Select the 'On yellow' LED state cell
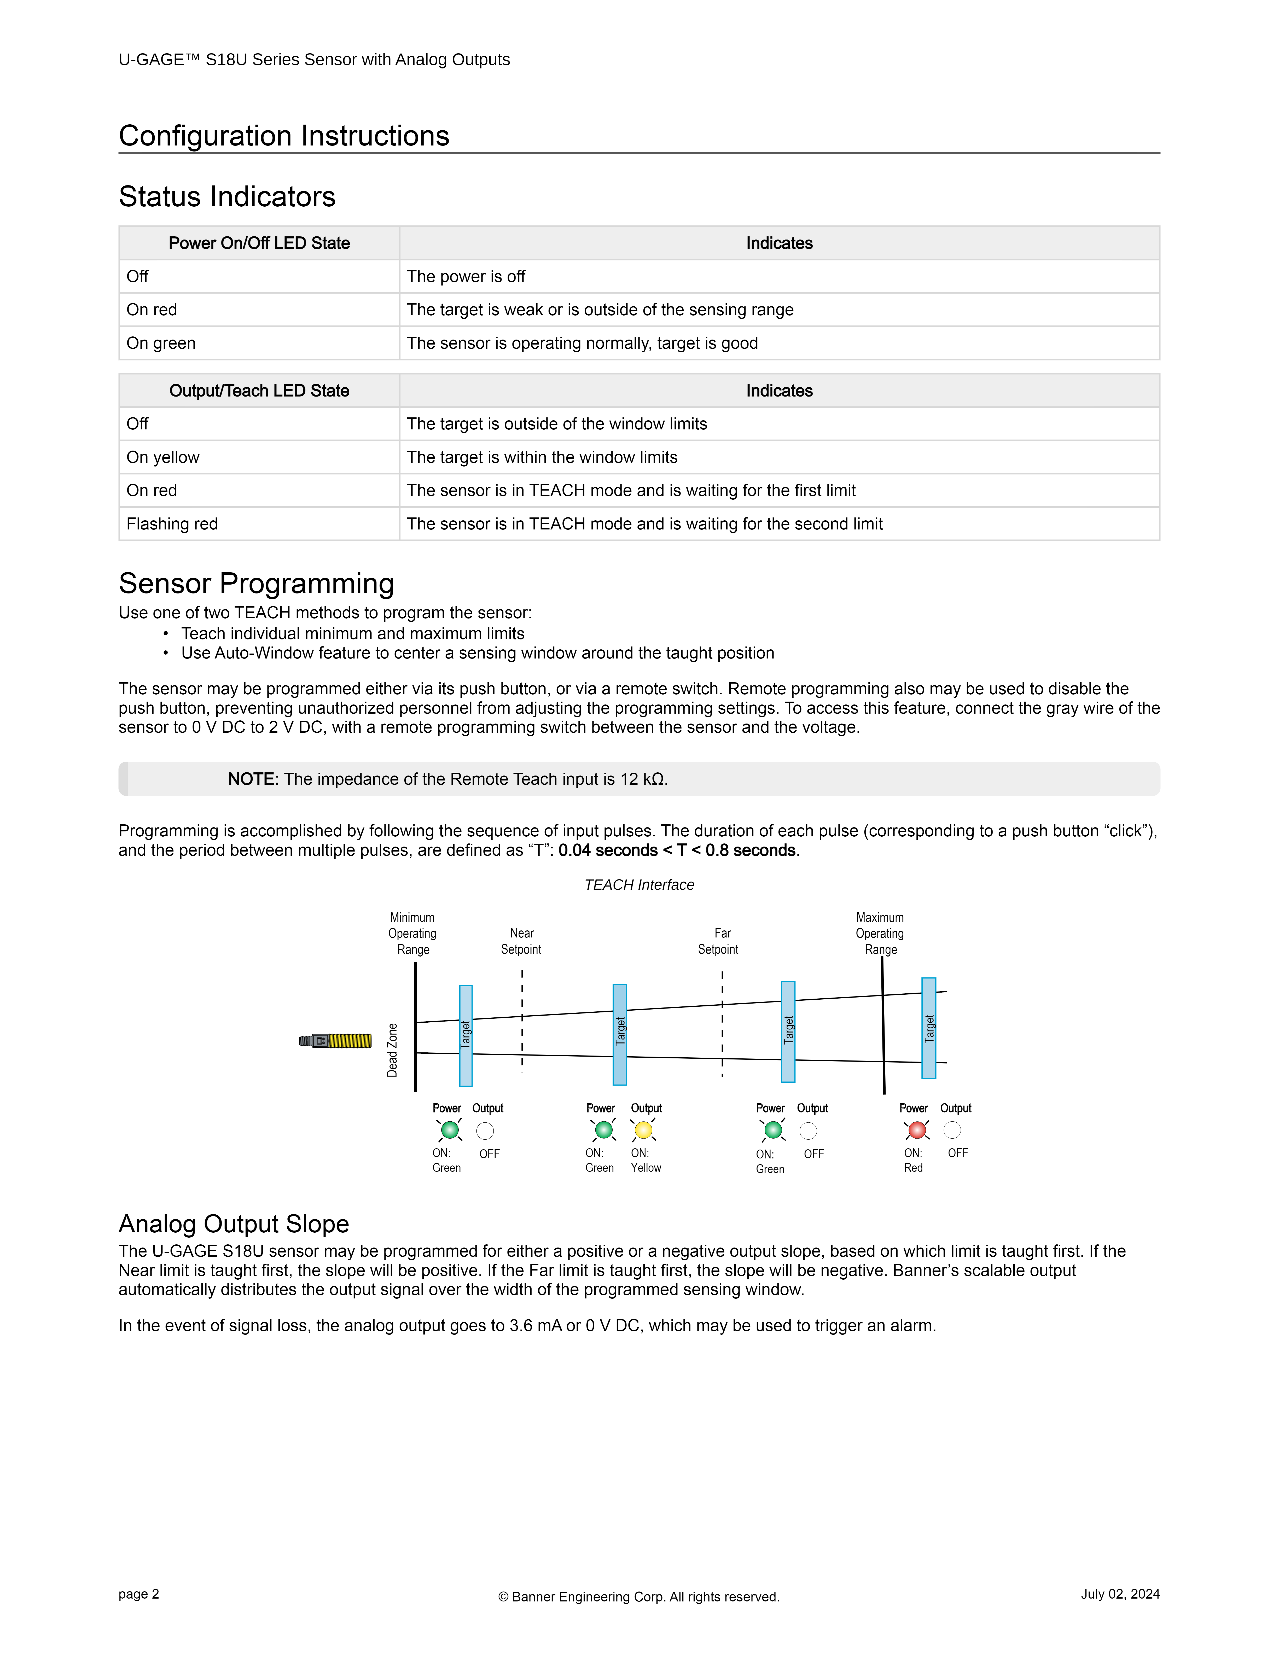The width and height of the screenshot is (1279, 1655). point(163,457)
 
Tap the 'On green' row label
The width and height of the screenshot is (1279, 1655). point(161,343)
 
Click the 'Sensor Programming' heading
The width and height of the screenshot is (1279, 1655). point(256,584)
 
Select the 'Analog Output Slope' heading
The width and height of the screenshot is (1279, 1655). point(233,1224)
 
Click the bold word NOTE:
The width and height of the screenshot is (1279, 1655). point(253,779)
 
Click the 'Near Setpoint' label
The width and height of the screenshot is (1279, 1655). point(521,941)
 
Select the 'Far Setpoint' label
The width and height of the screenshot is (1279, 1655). point(718,941)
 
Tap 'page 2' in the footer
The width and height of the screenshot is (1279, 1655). point(139,1594)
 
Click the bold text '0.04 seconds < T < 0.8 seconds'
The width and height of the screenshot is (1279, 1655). point(677,850)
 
